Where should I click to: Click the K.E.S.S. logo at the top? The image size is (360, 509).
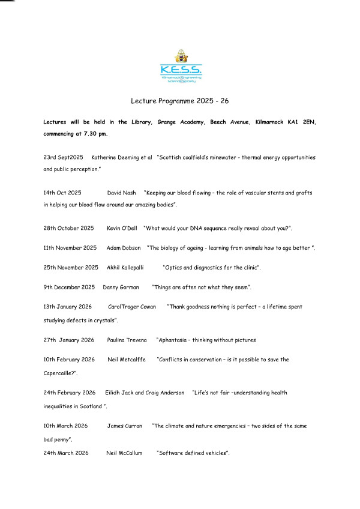click(181, 67)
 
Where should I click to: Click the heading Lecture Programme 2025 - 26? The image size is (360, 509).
click(180, 103)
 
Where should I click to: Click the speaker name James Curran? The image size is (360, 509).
click(125, 426)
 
